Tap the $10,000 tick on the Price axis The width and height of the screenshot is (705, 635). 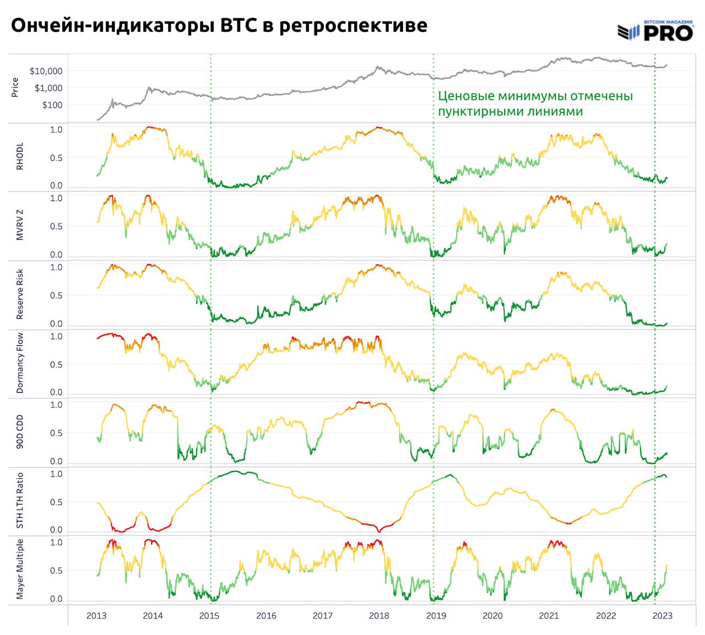click(x=46, y=71)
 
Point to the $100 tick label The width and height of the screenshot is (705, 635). click(x=52, y=105)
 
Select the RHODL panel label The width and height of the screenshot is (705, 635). click(x=20, y=158)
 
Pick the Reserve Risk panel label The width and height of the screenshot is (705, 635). click(x=20, y=295)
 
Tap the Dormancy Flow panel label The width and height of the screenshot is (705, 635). click(x=20, y=363)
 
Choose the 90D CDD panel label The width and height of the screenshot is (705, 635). click(x=20, y=432)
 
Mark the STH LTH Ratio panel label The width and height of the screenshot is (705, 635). click(x=20, y=501)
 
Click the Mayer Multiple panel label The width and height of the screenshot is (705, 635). click(x=20, y=569)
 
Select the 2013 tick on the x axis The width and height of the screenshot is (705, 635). click(x=96, y=616)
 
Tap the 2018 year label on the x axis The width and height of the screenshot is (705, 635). click(x=379, y=616)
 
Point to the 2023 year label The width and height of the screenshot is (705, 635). click(x=662, y=616)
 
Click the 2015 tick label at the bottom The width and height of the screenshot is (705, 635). click(x=209, y=616)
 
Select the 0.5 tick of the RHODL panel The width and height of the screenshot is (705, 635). click(x=56, y=158)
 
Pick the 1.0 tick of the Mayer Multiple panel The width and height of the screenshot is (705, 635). click(x=56, y=542)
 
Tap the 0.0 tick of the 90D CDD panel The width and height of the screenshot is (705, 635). click(x=56, y=461)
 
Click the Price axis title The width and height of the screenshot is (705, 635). click(x=15, y=87)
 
